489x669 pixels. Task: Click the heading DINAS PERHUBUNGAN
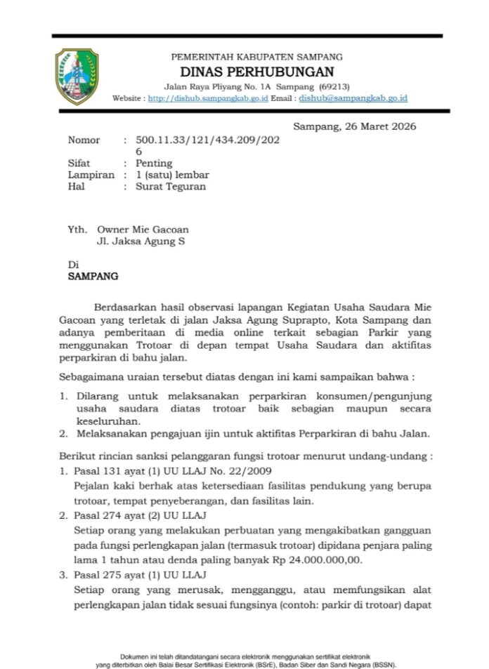click(x=257, y=72)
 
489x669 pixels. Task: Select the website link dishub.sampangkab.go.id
click(x=208, y=99)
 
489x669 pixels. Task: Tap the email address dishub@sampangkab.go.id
click(x=353, y=99)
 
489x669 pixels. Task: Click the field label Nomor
click(x=84, y=140)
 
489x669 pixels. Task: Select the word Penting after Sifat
click(x=154, y=163)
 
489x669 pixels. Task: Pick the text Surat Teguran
click(x=171, y=186)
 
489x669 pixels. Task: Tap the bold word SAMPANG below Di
click(x=93, y=276)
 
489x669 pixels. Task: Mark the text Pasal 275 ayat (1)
click(x=117, y=574)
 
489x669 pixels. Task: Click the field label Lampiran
click(x=91, y=174)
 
